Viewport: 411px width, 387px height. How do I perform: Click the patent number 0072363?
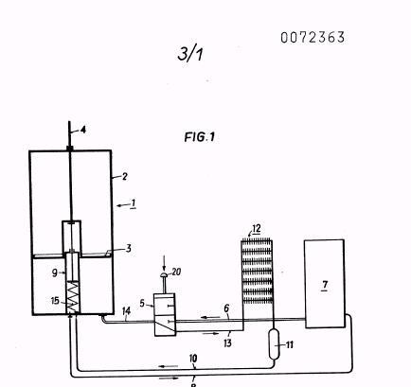[x=313, y=38]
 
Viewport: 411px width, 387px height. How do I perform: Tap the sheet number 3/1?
[x=190, y=53]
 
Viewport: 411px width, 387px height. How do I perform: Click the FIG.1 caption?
[x=200, y=137]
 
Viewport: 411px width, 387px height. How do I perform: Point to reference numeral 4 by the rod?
[x=83, y=130]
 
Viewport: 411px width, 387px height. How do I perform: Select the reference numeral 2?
[x=125, y=176]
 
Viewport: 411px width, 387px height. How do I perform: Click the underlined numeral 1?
[x=134, y=203]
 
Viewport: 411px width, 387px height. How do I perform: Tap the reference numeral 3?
[x=128, y=249]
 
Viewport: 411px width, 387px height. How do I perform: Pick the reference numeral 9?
[x=55, y=273]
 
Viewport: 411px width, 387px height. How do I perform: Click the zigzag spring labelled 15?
[x=73, y=297]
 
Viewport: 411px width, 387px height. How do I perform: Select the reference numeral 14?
[x=126, y=311]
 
